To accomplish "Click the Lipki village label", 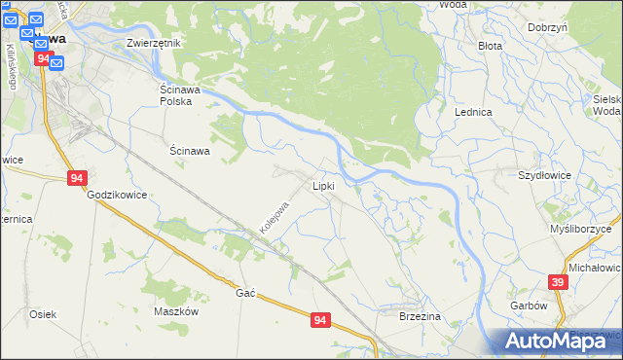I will click(x=323, y=185).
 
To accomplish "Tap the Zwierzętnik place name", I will click(x=154, y=43).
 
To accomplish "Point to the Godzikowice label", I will click(x=117, y=195).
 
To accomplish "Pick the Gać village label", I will click(x=245, y=293).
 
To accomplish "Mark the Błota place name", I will click(x=490, y=46).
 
